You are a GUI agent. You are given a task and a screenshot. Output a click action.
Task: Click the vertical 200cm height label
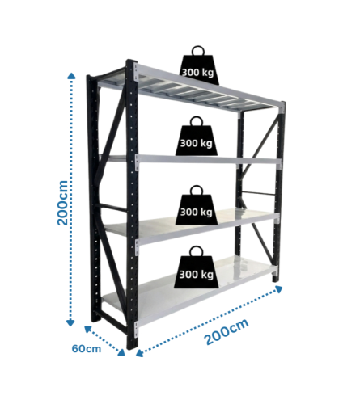[62, 203]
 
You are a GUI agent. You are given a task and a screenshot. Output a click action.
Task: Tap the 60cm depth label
[87, 348]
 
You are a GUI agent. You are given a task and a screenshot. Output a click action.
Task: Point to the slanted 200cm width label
[227, 331]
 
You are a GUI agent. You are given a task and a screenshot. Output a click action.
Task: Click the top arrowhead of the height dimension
[71, 75]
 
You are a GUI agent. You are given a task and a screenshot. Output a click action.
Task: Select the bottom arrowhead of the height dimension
[70, 323]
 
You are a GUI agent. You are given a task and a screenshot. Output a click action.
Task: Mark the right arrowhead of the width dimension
[279, 289]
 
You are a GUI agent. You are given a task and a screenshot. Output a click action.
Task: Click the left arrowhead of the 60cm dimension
[87, 329]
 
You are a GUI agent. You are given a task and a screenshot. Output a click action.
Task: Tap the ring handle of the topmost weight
[198, 50]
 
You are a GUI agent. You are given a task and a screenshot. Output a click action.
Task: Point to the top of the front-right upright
[282, 104]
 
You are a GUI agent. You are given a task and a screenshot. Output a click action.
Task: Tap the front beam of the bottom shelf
[207, 297]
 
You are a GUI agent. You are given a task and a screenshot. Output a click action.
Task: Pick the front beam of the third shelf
[208, 229]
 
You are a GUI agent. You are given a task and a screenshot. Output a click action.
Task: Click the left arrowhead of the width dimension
[139, 353]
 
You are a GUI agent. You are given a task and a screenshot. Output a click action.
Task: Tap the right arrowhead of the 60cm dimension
[122, 352]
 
